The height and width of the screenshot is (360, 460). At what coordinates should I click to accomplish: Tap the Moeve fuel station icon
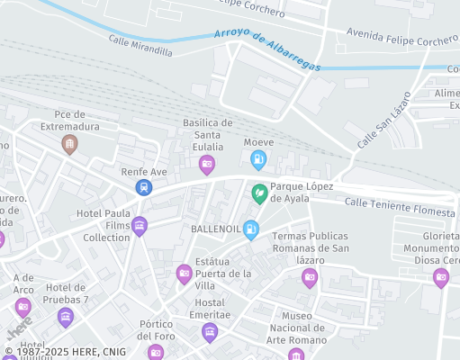(x=258, y=161)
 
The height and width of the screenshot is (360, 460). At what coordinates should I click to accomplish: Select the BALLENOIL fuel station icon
(x=251, y=229)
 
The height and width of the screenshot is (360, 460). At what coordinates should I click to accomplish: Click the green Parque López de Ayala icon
(x=259, y=192)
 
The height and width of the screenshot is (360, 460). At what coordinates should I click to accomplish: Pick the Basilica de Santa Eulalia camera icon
(x=206, y=163)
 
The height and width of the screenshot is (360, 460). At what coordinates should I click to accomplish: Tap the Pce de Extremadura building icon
(x=68, y=143)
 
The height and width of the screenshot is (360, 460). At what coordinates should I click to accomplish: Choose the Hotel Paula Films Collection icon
(x=139, y=226)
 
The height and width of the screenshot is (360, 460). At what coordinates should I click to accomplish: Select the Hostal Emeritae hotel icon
(x=210, y=334)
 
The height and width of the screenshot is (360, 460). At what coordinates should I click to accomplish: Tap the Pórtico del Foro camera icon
(x=156, y=351)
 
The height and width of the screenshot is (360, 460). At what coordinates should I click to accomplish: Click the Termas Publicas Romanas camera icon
(x=310, y=277)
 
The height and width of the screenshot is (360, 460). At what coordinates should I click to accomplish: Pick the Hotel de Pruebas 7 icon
(x=65, y=317)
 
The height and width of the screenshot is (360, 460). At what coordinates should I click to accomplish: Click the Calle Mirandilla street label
(x=140, y=46)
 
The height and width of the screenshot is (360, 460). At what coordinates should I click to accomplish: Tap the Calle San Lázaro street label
(x=383, y=121)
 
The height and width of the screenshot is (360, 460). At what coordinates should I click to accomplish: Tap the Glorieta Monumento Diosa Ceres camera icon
(x=441, y=278)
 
